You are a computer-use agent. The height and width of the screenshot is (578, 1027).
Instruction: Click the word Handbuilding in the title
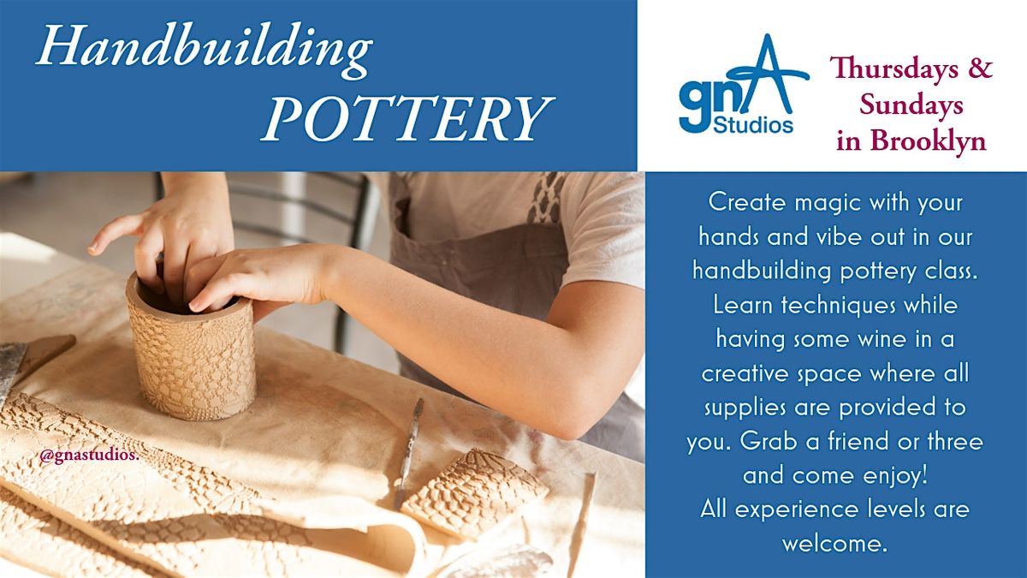(204, 50)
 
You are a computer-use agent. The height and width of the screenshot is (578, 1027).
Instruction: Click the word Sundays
(911, 105)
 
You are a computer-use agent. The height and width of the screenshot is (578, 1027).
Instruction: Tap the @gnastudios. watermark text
(89, 456)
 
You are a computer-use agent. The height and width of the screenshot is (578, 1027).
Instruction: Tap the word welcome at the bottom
(834, 544)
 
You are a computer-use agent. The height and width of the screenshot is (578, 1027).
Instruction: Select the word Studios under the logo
(754, 125)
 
